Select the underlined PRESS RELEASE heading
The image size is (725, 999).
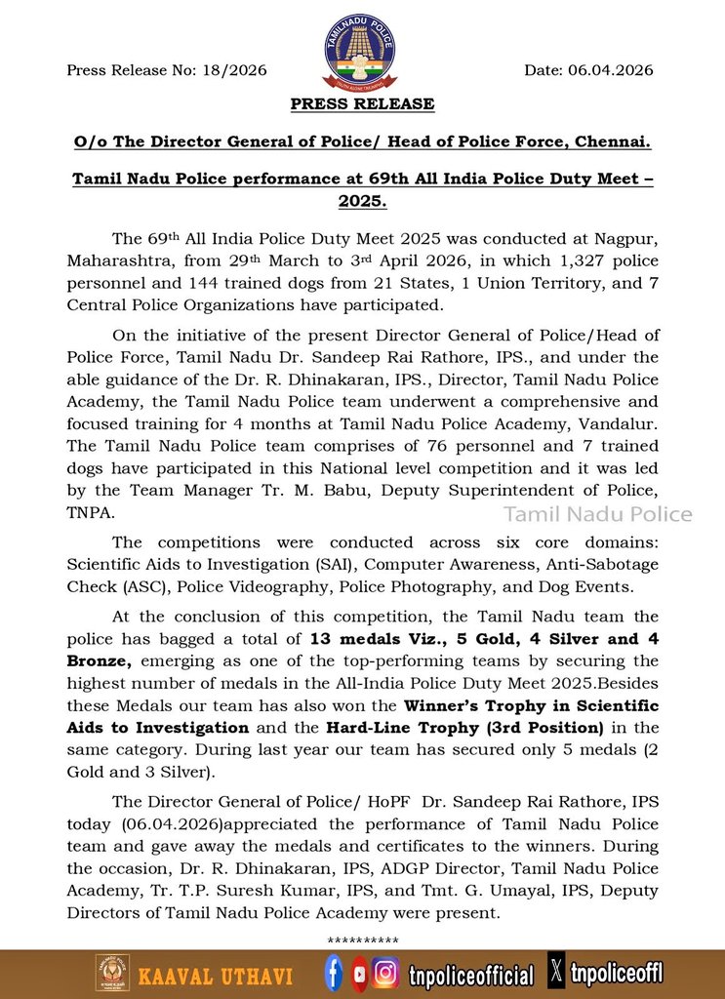362,103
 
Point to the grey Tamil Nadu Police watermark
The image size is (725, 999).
597,514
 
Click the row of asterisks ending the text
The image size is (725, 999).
362,940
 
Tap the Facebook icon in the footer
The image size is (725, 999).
334,973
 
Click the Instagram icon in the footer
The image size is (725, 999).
386,973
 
